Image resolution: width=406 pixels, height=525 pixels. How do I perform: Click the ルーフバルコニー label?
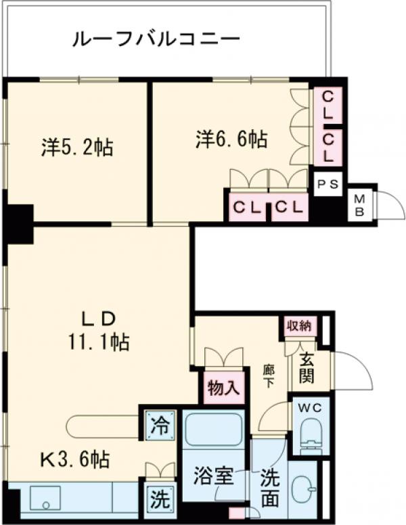156,39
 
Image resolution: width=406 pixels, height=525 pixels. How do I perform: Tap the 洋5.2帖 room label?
76,147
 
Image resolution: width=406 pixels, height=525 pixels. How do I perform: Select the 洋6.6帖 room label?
231,140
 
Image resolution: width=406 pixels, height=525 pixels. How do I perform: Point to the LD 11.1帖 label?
100,330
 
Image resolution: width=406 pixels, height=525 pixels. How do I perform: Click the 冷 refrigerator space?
160,426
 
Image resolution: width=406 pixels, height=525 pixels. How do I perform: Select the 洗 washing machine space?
160,500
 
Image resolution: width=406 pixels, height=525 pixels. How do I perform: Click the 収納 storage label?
298,325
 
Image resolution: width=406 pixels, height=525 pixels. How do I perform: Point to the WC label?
309,409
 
